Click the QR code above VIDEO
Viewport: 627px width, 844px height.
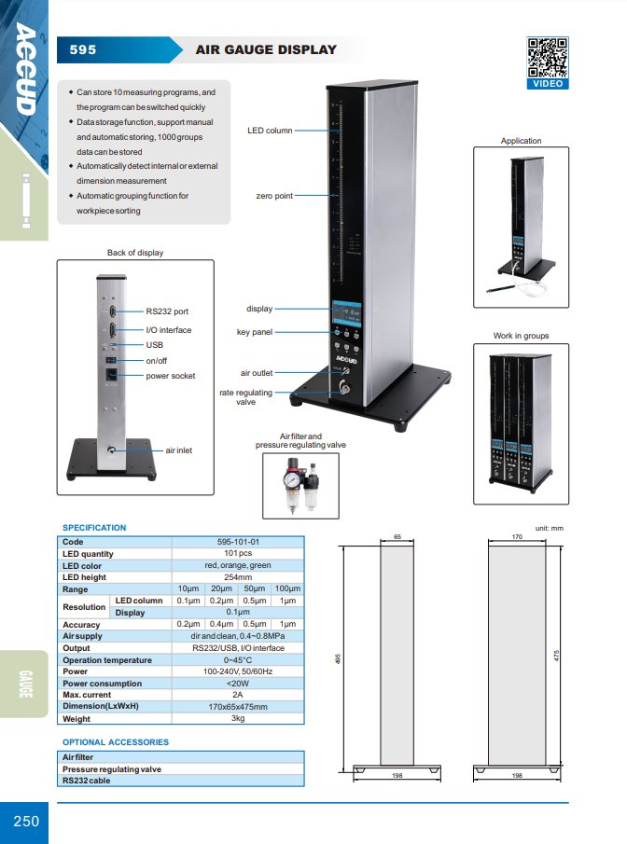pyautogui.click(x=548, y=58)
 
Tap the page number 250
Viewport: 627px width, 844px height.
pyautogui.click(x=26, y=822)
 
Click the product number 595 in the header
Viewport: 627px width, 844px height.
pyautogui.click(x=83, y=50)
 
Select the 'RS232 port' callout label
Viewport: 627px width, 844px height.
pyautogui.click(x=167, y=311)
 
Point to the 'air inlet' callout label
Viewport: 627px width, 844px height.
pyautogui.click(x=179, y=450)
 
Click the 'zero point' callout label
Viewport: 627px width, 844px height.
pyautogui.click(x=274, y=196)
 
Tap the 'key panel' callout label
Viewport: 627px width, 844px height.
pyautogui.click(x=254, y=332)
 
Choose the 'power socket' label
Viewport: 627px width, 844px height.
pyautogui.click(x=170, y=376)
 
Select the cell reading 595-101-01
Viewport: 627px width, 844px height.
pyautogui.click(x=238, y=542)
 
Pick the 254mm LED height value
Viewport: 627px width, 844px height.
pyautogui.click(x=238, y=577)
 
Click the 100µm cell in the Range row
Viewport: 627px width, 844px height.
pyautogui.click(x=287, y=588)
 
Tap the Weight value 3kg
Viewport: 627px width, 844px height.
pyautogui.click(x=238, y=718)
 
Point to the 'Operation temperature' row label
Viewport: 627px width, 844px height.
pyautogui.click(x=107, y=660)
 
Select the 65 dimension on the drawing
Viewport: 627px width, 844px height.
pyautogui.click(x=397, y=536)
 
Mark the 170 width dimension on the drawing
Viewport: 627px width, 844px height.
pyautogui.click(x=517, y=536)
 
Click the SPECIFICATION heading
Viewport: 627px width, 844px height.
pyautogui.click(x=94, y=528)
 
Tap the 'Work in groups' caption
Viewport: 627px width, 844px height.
pyautogui.click(x=521, y=336)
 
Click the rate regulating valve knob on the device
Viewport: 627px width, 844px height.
pyautogui.click(x=342, y=386)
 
